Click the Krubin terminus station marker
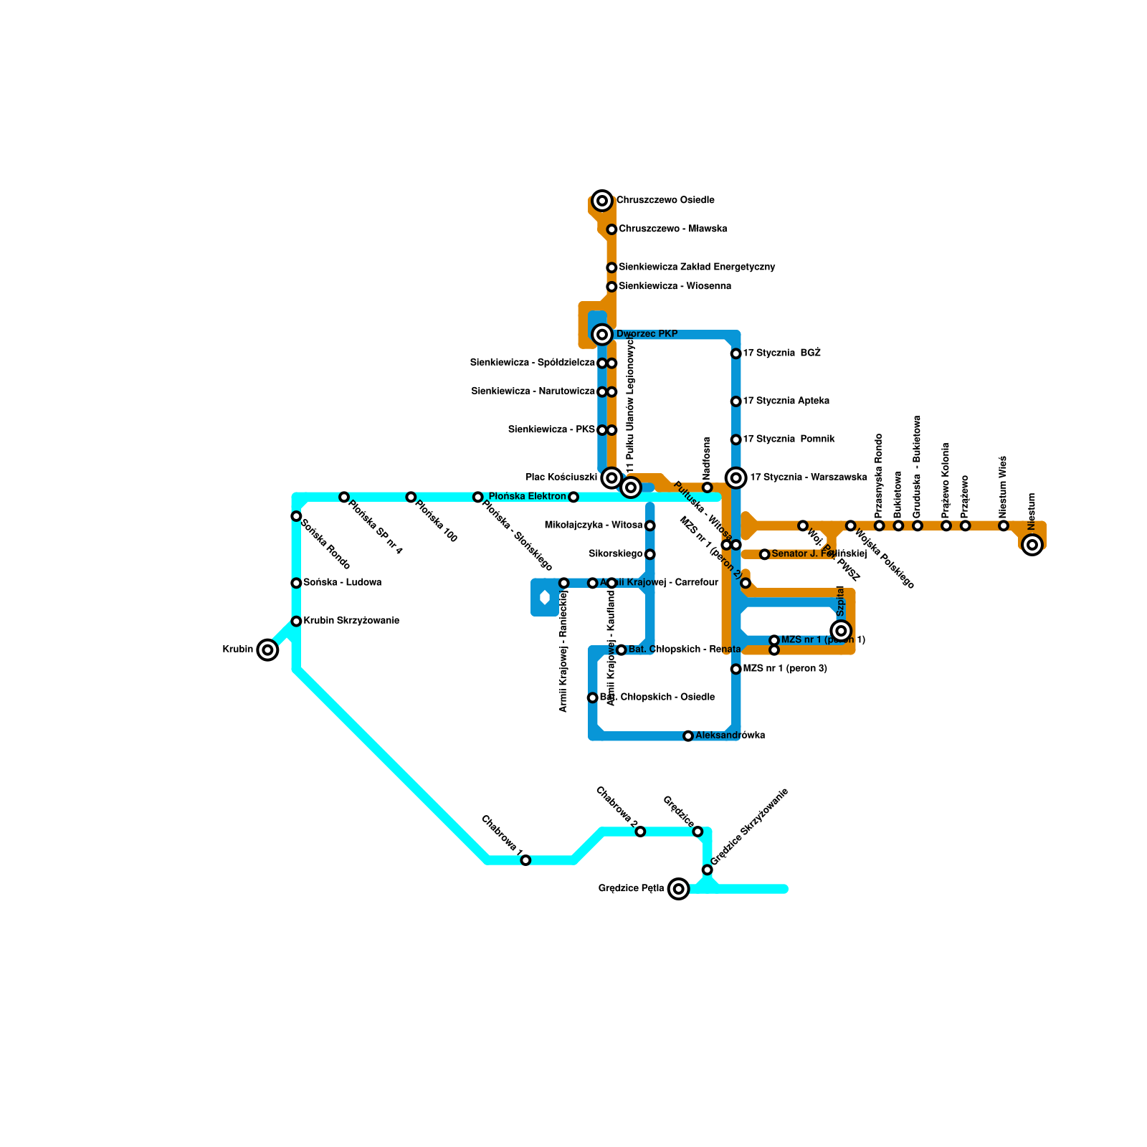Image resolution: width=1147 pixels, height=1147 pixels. (267, 650)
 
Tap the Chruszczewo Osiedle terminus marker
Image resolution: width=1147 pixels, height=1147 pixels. (602, 201)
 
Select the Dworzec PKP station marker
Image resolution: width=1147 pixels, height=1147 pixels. (602, 334)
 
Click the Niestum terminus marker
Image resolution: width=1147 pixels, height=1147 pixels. (1032, 545)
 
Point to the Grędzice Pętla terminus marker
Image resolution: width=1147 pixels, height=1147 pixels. (678, 889)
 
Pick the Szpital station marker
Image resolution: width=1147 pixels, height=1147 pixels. (842, 631)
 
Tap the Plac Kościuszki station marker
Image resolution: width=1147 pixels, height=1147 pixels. (611, 477)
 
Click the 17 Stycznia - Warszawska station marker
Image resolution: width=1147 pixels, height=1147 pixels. (736, 477)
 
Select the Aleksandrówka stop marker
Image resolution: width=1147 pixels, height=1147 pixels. (688, 736)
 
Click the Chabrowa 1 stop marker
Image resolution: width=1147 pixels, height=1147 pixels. (525, 860)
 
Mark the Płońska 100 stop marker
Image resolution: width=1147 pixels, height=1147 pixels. (411, 497)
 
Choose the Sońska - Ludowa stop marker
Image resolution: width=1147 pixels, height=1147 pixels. (296, 583)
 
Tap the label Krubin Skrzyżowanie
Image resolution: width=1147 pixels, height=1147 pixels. (351, 621)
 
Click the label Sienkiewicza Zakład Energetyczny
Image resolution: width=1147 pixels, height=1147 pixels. (697, 267)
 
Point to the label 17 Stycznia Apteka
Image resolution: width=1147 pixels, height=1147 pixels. (786, 401)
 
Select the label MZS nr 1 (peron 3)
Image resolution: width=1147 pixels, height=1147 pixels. (785, 669)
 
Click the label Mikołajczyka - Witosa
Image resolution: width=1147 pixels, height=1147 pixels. (594, 525)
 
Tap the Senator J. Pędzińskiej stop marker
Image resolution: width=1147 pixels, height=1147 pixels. (765, 554)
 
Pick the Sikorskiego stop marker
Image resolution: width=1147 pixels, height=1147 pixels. (649, 554)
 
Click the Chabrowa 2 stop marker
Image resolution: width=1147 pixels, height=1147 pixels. (640, 832)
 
